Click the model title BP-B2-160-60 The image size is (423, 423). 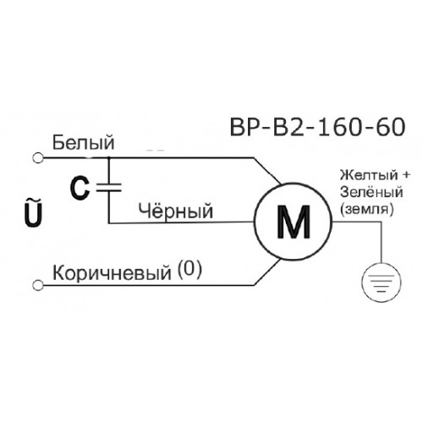coord(318,127)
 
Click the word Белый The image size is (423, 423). coord(84,143)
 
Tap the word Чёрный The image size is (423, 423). coord(176,211)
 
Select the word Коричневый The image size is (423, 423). coord(112,272)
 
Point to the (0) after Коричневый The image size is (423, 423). coord(190,270)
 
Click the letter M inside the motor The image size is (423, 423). coord(294,222)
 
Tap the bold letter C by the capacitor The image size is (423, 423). coord(80,189)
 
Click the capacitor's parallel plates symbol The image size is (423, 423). coord(109,188)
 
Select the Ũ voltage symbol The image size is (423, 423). coord(33,212)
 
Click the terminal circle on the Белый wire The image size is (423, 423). coord(37,158)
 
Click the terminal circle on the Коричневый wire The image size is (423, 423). coord(37,285)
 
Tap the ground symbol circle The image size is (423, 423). coord(382,283)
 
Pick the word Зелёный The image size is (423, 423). coord(371,192)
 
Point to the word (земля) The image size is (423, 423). coord(366,210)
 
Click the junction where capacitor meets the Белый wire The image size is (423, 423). coord(109,157)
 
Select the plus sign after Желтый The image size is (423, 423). coord(405,175)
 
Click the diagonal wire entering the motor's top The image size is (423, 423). coord(267,171)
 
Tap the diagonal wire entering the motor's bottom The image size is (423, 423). coord(267,272)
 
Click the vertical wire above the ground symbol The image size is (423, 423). coord(382,242)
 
